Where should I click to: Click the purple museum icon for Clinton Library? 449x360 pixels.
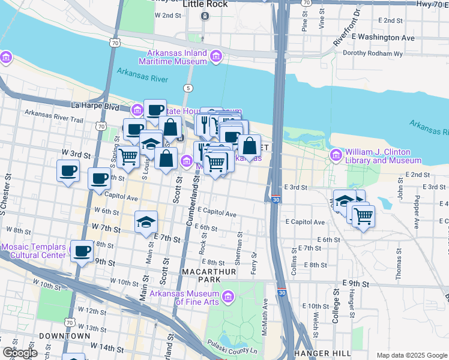(335, 156)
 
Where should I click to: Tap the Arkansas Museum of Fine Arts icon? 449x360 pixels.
(228, 296)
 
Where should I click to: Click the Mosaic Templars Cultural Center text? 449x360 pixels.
(33, 251)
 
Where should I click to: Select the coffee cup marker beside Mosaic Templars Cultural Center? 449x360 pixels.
(82, 251)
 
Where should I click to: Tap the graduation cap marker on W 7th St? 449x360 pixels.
(146, 222)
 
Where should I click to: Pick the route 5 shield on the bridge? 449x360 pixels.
(189, 88)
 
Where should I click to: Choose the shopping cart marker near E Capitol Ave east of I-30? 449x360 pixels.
(363, 216)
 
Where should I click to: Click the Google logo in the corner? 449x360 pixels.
(19, 353)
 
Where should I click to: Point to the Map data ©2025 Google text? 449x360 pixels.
(412, 355)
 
